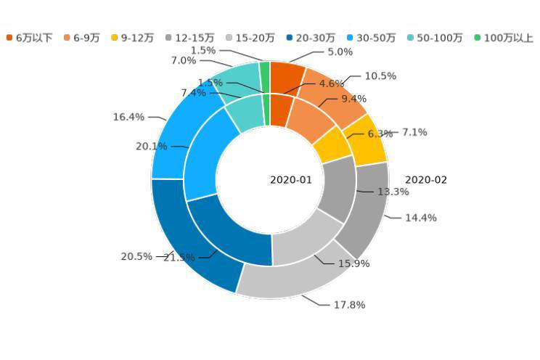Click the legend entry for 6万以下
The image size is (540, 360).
(x=30, y=38)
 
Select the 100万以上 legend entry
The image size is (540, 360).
(x=503, y=38)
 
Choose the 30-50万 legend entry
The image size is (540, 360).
(x=369, y=38)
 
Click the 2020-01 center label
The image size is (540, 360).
(x=291, y=180)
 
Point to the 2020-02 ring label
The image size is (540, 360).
(x=426, y=180)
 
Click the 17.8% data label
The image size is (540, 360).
(x=349, y=305)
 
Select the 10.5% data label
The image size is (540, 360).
(x=380, y=76)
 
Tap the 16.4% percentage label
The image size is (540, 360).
(x=128, y=117)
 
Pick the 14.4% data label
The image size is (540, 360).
(x=421, y=218)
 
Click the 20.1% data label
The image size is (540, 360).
(x=151, y=147)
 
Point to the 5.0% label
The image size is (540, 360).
(x=340, y=52)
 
